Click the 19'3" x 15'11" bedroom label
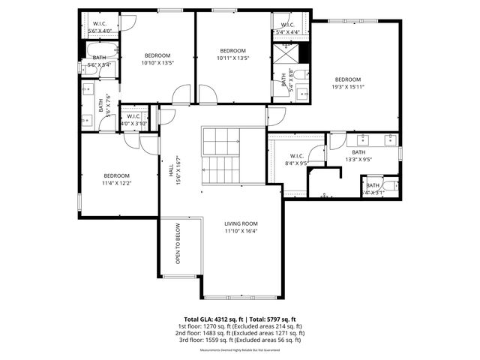coord(347,83)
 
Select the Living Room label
coord(241,227)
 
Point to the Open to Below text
coord(178,244)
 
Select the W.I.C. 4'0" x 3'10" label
coord(134,120)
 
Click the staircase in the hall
coord(220,156)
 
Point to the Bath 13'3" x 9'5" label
coord(358,155)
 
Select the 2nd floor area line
coord(240,333)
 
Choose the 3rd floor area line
coord(240,340)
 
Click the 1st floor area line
coord(240,326)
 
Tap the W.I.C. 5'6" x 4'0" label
coord(99,27)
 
